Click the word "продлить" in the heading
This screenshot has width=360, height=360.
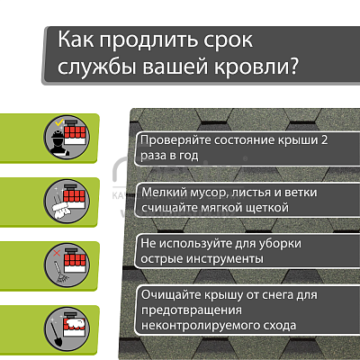click(148, 40)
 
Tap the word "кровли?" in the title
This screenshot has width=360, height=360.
click(256, 67)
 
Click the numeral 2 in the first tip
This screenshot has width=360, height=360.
click(324, 139)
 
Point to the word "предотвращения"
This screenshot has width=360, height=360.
click(192, 310)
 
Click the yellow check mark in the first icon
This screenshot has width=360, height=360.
click(60, 122)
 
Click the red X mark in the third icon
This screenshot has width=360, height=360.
click(57, 253)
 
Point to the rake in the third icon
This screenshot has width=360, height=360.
click(60, 274)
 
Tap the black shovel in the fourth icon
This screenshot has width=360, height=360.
click(55, 333)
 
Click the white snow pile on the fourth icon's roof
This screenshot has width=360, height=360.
click(77, 324)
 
